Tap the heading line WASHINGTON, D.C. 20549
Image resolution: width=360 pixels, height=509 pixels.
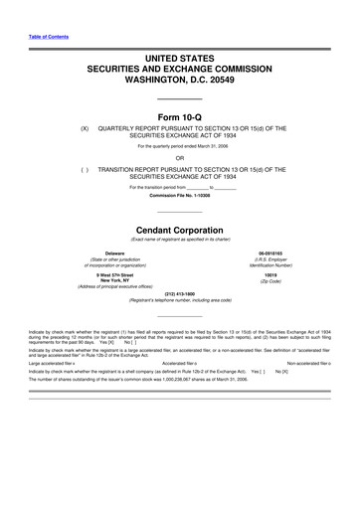179,73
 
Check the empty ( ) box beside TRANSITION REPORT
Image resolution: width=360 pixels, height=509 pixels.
85,168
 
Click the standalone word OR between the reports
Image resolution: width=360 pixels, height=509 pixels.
179,157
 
